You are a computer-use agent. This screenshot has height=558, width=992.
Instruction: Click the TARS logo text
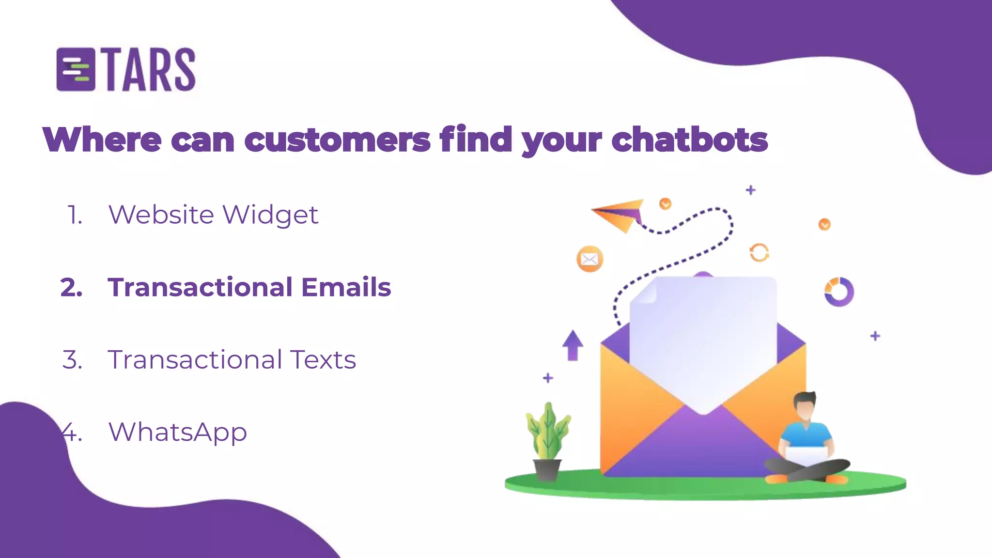(x=150, y=70)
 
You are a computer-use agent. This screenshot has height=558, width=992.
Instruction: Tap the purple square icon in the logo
(x=76, y=70)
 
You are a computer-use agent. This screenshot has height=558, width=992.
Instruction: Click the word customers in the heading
(x=337, y=139)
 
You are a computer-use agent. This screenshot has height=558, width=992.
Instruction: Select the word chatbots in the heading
(x=689, y=139)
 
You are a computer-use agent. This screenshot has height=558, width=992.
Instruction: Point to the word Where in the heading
(x=102, y=139)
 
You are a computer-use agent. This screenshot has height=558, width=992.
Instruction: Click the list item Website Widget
(x=213, y=215)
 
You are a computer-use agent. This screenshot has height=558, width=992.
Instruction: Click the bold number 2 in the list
(x=71, y=287)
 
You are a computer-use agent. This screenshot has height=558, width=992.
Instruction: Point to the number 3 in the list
(x=72, y=360)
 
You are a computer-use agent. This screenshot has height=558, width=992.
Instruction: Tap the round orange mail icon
(x=589, y=259)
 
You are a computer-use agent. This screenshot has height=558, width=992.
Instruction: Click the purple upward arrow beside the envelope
(x=573, y=345)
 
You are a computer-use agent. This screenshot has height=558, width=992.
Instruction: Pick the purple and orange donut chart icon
(x=839, y=292)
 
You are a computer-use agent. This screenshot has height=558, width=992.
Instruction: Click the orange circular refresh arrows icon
(x=759, y=252)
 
